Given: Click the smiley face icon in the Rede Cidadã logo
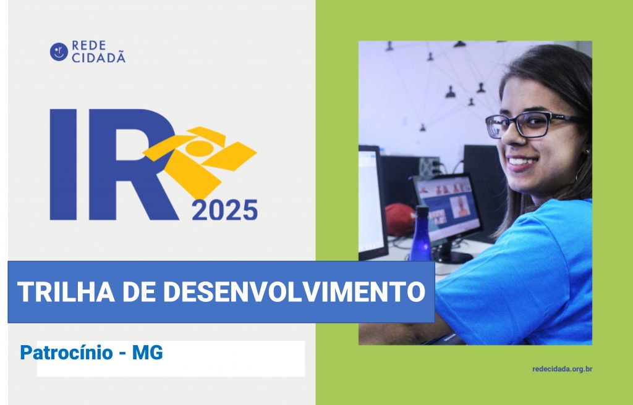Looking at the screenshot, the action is tap(59, 52).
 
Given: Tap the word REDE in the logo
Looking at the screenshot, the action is tap(89, 46).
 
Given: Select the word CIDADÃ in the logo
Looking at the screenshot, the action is tap(98, 57).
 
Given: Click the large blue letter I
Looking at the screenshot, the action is tap(64, 165).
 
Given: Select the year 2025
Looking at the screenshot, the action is tap(225, 210).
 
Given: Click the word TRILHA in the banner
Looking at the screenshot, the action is tap(66, 291).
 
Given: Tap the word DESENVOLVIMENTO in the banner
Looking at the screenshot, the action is tap(294, 291).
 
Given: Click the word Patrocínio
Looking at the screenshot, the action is tap(67, 353).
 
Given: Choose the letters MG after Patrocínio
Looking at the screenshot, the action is tap(148, 353).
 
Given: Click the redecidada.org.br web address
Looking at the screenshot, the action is tap(563, 369).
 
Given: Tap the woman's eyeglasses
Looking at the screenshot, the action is tap(533, 124).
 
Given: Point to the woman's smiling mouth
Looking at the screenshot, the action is tap(522, 162).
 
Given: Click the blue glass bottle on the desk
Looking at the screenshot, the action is tap(421, 234).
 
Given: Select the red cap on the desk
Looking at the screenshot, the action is tap(400, 219).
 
